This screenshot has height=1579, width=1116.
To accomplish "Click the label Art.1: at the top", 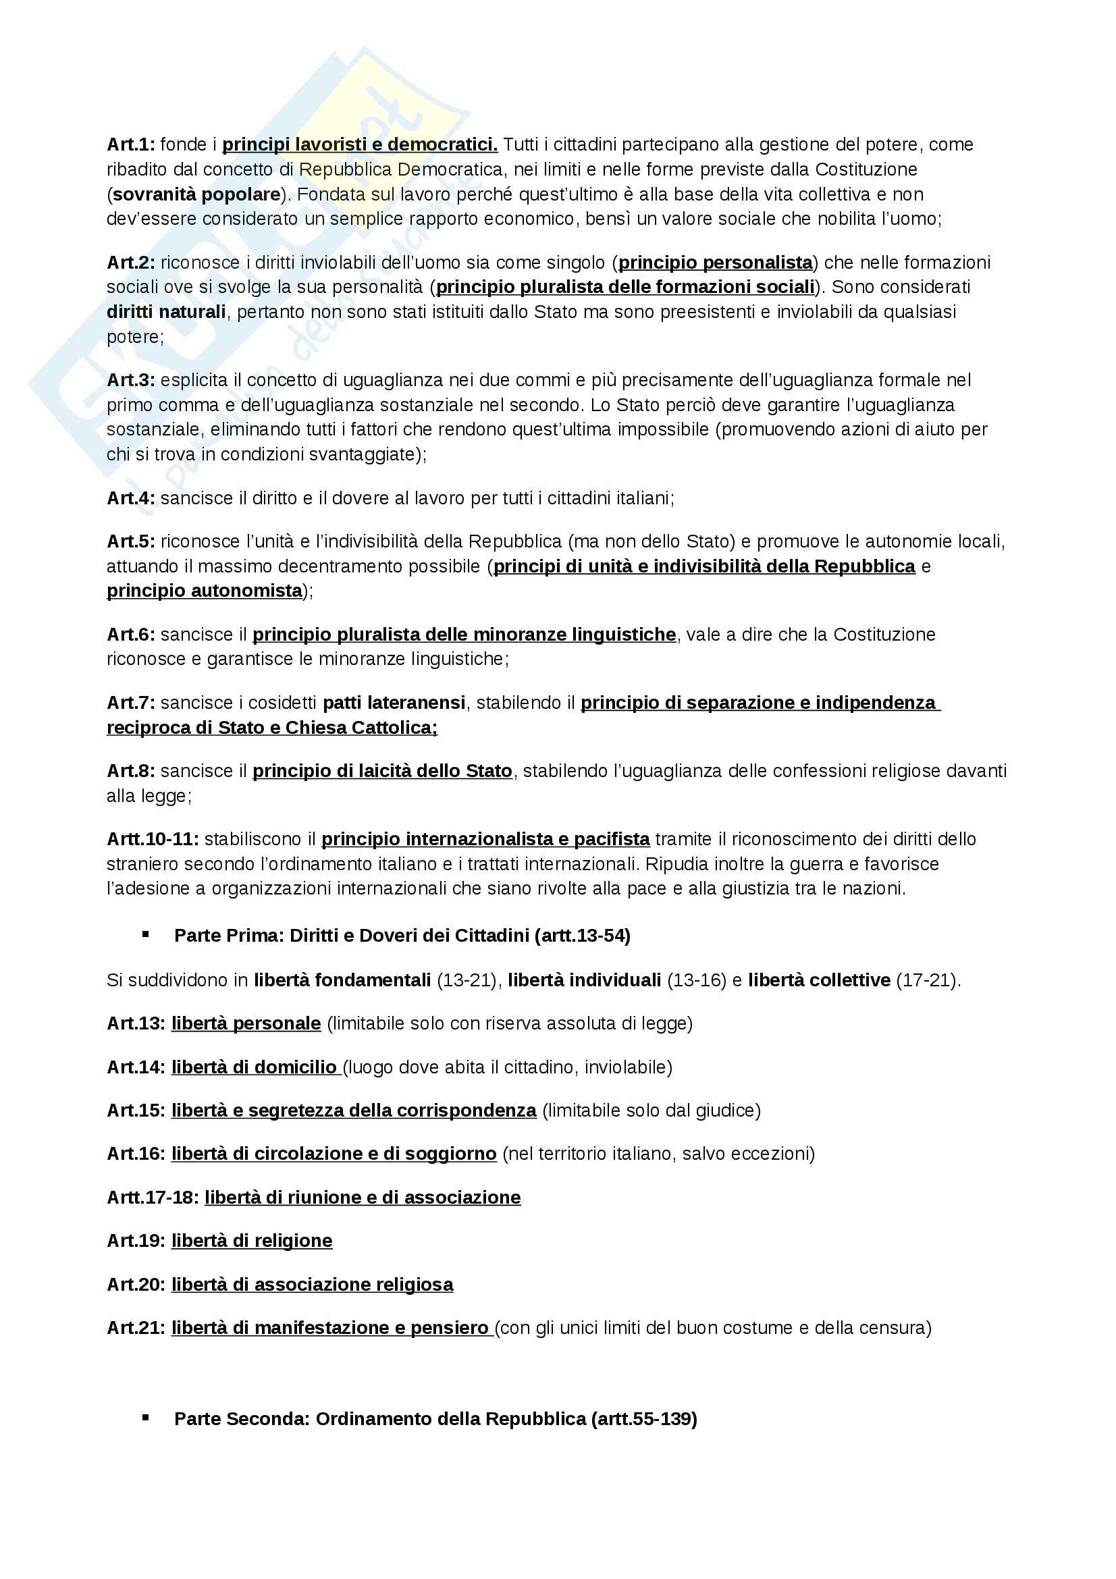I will click(x=131, y=144).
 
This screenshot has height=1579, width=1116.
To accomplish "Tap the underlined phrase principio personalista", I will click(x=715, y=262).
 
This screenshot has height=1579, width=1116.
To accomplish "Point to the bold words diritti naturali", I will click(x=165, y=311).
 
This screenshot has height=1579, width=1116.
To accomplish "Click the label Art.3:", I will click(x=131, y=379).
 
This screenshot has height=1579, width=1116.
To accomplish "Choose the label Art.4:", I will click(x=131, y=498).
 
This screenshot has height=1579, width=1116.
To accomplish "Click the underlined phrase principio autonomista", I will click(x=204, y=591).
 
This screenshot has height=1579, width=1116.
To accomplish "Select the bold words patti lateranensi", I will click(x=394, y=703).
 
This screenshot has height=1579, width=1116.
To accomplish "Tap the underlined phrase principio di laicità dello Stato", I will click(x=381, y=771).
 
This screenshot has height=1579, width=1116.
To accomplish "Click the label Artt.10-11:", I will click(x=153, y=839).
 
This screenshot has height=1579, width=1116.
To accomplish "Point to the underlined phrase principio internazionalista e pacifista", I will click(x=485, y=839).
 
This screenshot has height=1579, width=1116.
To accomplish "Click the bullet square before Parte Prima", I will click(x=145, y=934).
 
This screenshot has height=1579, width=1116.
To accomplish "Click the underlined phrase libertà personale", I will click(x=246, y=1023).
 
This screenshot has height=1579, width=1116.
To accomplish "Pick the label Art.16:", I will click(x=136, y=1153).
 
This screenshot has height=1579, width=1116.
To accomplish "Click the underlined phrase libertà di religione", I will click(x=252, y=1241).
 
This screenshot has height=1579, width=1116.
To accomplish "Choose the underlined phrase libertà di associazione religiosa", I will click(x=312, y=1285).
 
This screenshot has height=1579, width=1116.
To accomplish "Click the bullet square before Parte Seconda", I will click(x=145, y=1418).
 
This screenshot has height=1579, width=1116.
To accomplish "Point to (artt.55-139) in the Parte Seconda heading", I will click(x=643, y=1419).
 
